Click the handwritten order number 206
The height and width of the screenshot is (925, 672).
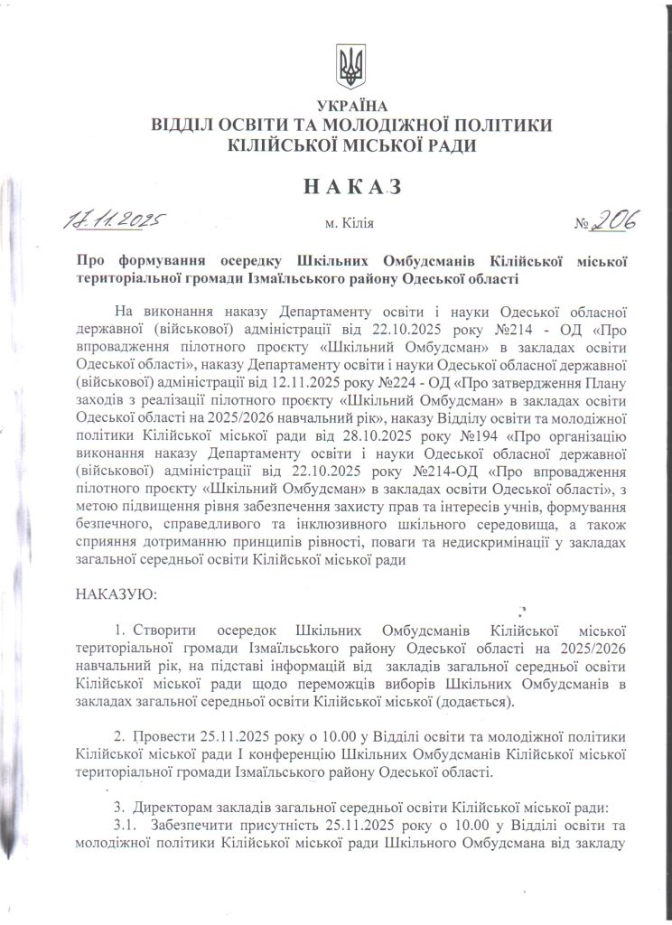[x=614, y=218]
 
